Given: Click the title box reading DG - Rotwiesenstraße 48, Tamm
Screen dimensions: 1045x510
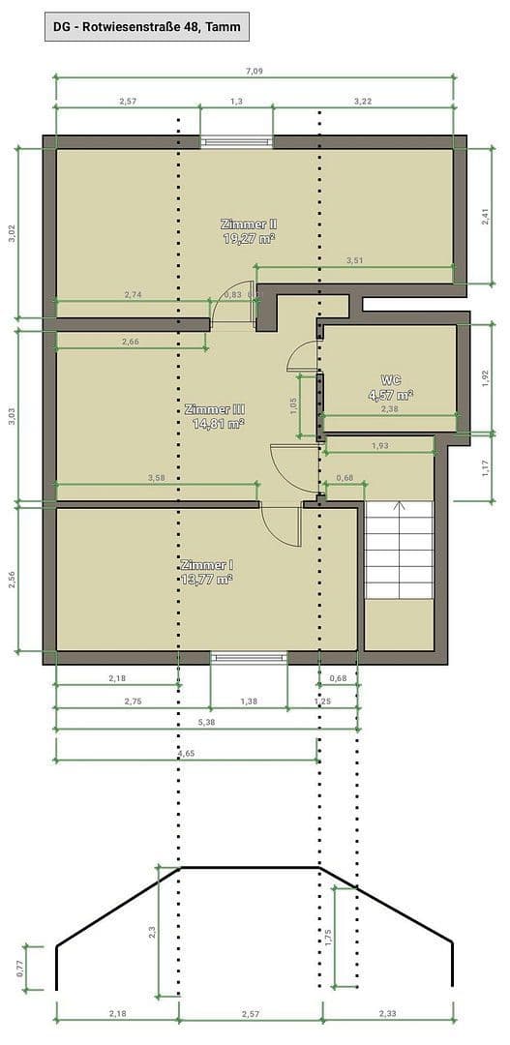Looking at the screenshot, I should (x=147, y=27).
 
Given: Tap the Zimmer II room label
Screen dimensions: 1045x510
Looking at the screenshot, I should (x=250, y=230).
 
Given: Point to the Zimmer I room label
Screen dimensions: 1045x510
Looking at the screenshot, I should (x=206, y=572).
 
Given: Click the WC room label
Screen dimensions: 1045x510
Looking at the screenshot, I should (x=391, y=387).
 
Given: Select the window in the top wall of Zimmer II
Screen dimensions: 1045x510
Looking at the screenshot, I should (x=237, y=142).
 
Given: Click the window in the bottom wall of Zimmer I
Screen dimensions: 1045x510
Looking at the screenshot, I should (x=250, y=657).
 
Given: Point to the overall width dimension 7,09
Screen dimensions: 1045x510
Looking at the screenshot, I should (x=254, y=70).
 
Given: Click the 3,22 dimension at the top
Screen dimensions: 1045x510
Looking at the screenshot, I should (x=363, y=101).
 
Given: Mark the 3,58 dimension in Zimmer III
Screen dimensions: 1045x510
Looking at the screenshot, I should (x=156, y=477).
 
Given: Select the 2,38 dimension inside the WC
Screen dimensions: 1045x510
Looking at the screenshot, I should (x=390, y=409).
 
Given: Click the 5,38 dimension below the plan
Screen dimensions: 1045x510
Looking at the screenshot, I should (x=207, y=722).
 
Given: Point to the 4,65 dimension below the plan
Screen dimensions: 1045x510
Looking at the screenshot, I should (x=186, y=752).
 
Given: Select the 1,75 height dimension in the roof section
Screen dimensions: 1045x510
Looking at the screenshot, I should (x=328, y=937).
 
